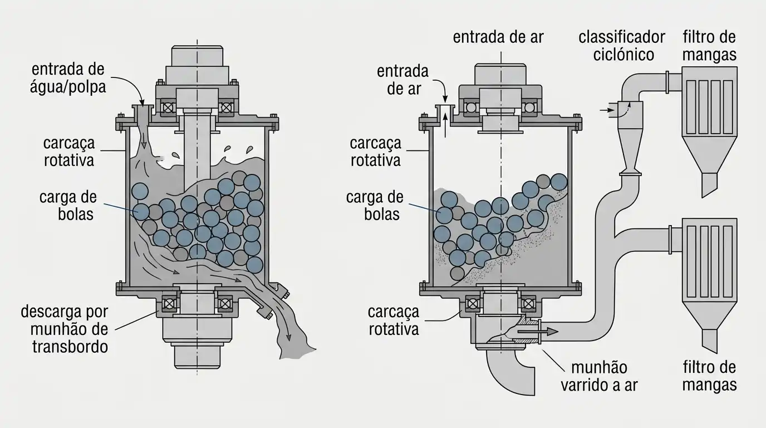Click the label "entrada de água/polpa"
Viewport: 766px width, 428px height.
pyautogui.click(x=68, y=79)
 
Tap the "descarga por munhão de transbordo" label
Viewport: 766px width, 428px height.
pyautogui.click(x=65, y=329)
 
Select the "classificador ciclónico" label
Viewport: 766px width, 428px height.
pyautogui.click(x=622, y=46)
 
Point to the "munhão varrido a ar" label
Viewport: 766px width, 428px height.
pyautogui.click(x=600, y=376)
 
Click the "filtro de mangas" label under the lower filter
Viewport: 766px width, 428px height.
pyautogui.click(x=709, y=376)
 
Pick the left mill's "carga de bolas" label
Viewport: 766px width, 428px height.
pyautogui.click(x=68, y=206)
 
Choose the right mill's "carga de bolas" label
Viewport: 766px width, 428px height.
pyautogui.click(x=375, y=206)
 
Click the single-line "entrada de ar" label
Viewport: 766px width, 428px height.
pyautogui.click(x=498, y=37)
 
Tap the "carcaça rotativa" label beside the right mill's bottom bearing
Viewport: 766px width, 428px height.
pyautogui.click(x=394, y=320)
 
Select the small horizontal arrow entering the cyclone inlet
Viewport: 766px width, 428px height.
pyautogui.click(x=607, y=110)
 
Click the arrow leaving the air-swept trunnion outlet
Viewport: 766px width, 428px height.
pyautogui.click(x=538, y=332)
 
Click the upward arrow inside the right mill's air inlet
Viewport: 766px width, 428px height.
pyautogui.click(x=445, y=125)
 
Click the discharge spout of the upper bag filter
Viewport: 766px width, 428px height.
pyautogui.click(x=709, y=185)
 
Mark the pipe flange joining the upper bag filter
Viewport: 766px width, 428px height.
pyautogui.click(x=667, y=82)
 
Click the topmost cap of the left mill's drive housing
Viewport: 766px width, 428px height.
pyautogui.click(x=197, y=56)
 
